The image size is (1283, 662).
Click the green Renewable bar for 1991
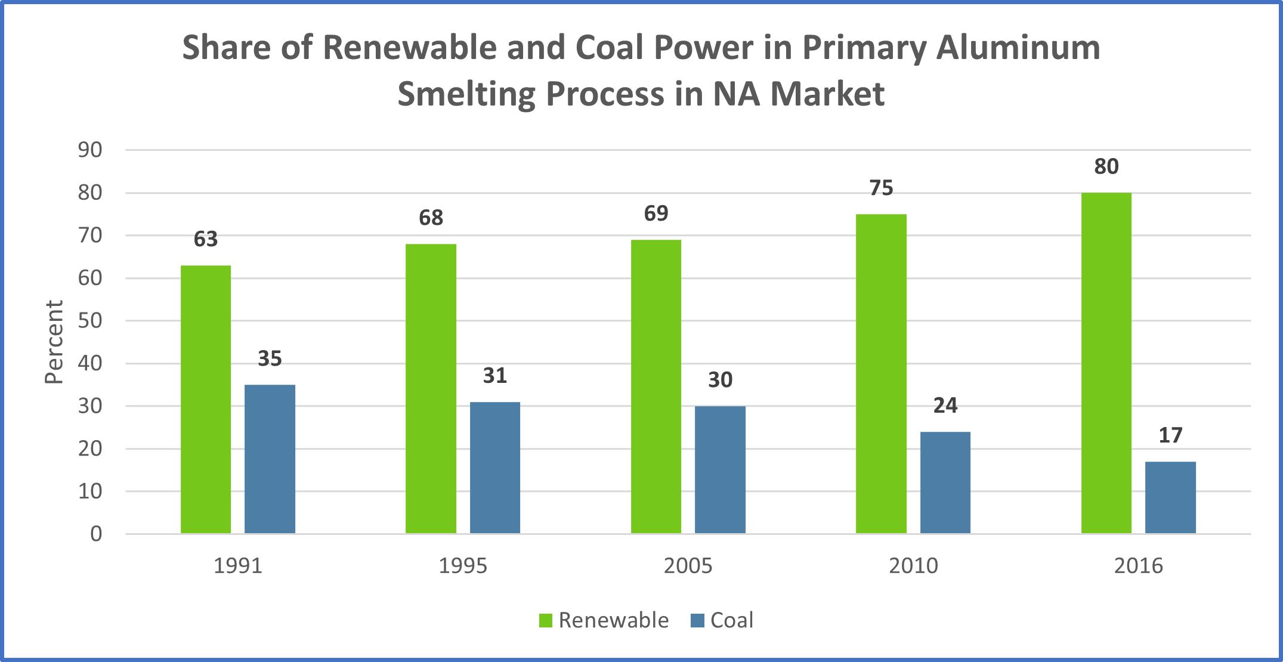(x=206, y=400)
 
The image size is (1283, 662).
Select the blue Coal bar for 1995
(x=495, y=468)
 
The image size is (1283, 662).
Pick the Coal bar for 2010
(x=945, y=482)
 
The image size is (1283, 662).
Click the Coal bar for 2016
(x=1170, y=497)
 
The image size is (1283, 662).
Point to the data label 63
(x=206, y=239)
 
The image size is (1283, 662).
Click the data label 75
(x=882, y=188)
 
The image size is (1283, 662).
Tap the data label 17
(x=1170, y=435)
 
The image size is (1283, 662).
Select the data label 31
(x=495, y=376)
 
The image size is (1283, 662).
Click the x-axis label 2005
(x=688, y=565)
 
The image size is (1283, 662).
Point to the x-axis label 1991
(x=238, y=565)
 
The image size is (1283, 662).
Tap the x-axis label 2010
(x=913, y=565)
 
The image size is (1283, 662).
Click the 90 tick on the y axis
(x=90, y=150)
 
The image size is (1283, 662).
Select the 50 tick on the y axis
(x=90, y=321)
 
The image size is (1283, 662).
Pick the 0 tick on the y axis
(x=96, y=534)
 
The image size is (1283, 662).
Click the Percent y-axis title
(x=54, y=342)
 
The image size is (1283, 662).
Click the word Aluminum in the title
(x=1018, y=48)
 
